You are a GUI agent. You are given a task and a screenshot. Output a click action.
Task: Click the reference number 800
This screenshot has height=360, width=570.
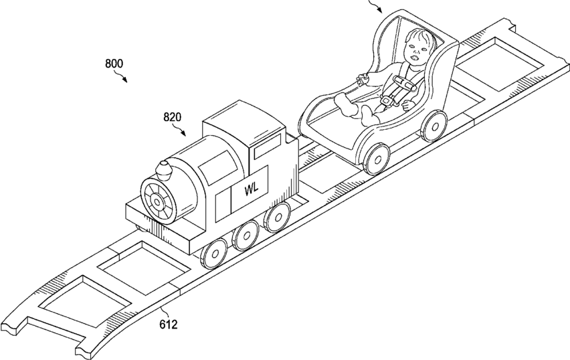(x=114, y=64)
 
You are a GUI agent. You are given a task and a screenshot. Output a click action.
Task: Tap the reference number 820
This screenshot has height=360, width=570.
(x=173, y=118)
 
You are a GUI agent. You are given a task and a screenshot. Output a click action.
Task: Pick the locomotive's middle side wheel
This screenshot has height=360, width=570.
(x=247, y=234)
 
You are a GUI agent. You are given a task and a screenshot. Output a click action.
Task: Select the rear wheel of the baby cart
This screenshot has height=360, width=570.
(x=435, y=124)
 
